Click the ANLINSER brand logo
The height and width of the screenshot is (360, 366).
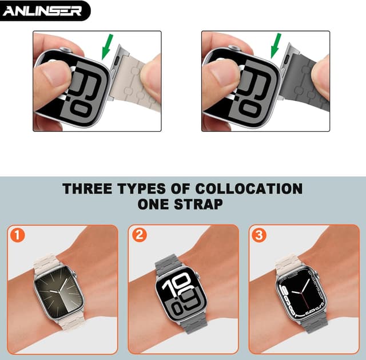tap(45, 10)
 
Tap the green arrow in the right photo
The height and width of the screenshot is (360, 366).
tap(276, 46)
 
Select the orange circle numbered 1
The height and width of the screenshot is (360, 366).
tap(18, 235)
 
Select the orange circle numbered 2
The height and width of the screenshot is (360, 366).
tap(139, 235)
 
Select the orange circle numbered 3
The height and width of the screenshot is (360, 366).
tap(259, 235)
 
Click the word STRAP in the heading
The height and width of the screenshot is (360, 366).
tap(200, 203)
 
